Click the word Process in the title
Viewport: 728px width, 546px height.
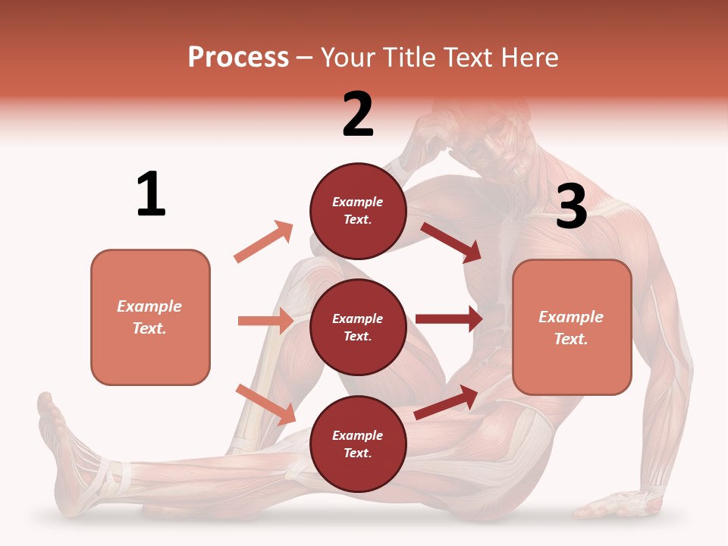(x=238, y=58)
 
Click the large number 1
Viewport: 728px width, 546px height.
(x=151, y=195)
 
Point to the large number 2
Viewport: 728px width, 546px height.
(x=358, y=115)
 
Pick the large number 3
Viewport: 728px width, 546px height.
(x=571, y=206)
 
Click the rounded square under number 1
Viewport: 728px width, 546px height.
(x=150, y=317)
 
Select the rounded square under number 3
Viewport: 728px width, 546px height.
(x=572, y=328)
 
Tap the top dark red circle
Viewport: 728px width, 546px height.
(x=358, y=211)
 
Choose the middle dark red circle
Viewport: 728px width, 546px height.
(x=358, y=328)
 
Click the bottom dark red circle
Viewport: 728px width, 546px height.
(x=358, y=444)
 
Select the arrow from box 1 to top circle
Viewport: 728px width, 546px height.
(x=264, y=241)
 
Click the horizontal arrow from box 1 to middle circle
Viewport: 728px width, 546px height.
(x=265, y=321)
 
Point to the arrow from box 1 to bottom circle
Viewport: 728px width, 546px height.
(x=265, y=404)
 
